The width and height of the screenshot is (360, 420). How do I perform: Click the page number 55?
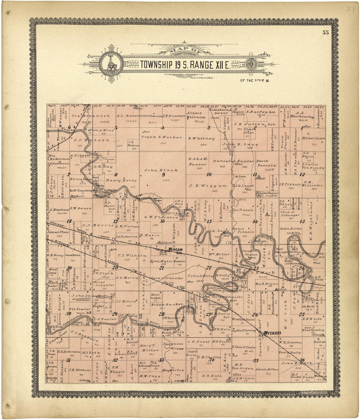pos(325,32)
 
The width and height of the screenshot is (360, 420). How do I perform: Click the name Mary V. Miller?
pos(151,348)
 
